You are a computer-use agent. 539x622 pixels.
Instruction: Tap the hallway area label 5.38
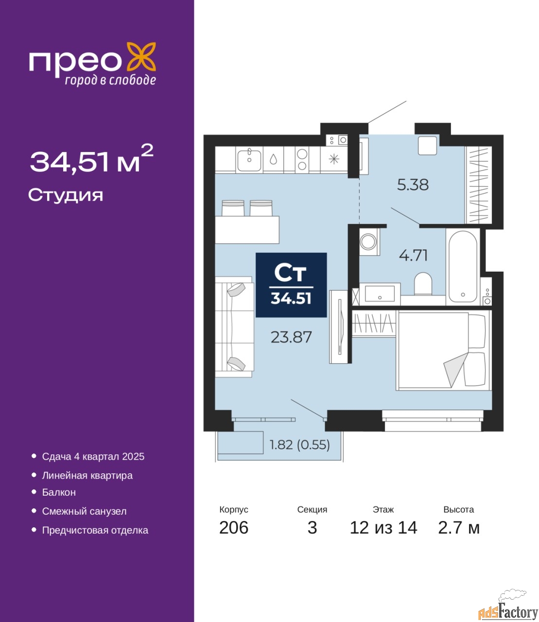(413, 185)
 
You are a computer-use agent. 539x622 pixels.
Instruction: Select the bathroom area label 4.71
(413, 256)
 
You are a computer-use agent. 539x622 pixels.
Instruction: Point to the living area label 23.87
(291, 337)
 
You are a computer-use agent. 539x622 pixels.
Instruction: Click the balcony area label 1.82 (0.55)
(300, 445)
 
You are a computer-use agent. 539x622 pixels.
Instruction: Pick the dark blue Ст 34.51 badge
(291, 285)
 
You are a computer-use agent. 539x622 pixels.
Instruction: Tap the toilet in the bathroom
(423, 284)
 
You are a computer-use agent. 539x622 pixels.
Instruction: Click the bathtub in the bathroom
(463, 266)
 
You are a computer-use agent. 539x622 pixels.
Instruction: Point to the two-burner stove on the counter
(302, 160)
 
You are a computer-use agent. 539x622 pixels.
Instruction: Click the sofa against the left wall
(234, 327)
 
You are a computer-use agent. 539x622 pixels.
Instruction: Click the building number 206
(234, 528)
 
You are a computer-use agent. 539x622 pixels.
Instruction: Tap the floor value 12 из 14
(383, 528)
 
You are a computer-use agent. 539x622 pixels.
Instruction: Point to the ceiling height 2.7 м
(459, 528)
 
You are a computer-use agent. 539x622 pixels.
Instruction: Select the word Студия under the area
(66, 195)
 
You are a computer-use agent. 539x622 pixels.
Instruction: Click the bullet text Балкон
(59, 492)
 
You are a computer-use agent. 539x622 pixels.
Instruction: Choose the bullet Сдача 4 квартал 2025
(93, 456)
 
